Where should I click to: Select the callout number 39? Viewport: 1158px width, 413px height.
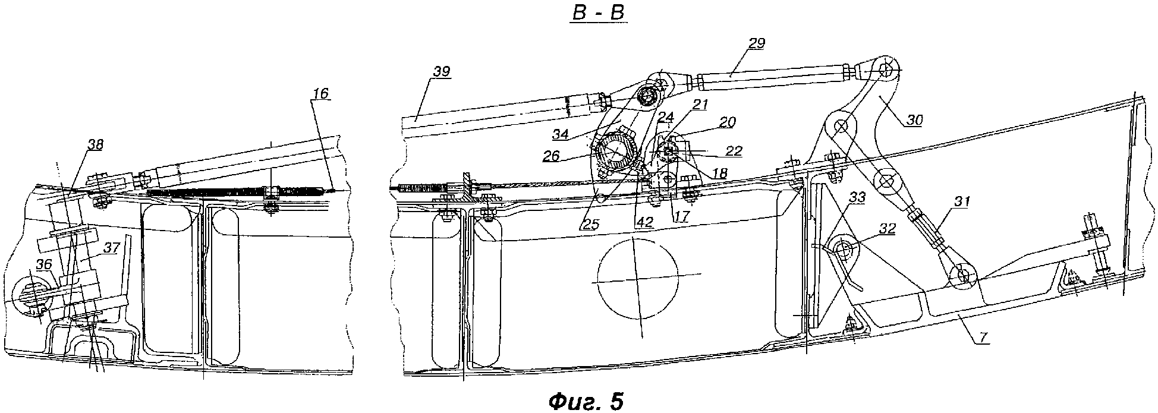pyautogui.click(x=441, y=72)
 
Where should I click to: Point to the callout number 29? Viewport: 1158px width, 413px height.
pyautogui.click(x=757, y=43)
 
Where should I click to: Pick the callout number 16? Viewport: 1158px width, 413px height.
pyautogui.click(x=320, y=94)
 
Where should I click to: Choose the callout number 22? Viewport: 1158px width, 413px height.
pyautogui.click(x=734, y=151)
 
